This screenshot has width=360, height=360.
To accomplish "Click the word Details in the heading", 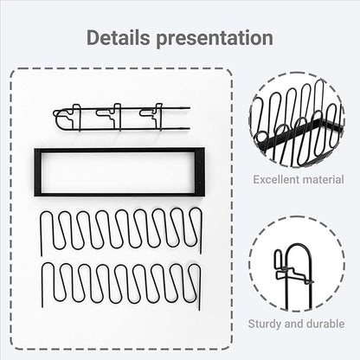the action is [x=119, y=37].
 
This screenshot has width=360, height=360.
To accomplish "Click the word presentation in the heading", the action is [x=215, y=39].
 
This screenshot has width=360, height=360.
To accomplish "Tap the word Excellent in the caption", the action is [x=273, y=180].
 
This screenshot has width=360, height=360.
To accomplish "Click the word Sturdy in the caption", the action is [x=265, y=324].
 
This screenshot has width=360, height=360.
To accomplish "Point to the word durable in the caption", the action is [x=325, y=324].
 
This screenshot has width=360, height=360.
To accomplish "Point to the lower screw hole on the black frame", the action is [x=201, y=183].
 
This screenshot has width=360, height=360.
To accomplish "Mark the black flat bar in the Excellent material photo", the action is [x=300, y=133].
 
